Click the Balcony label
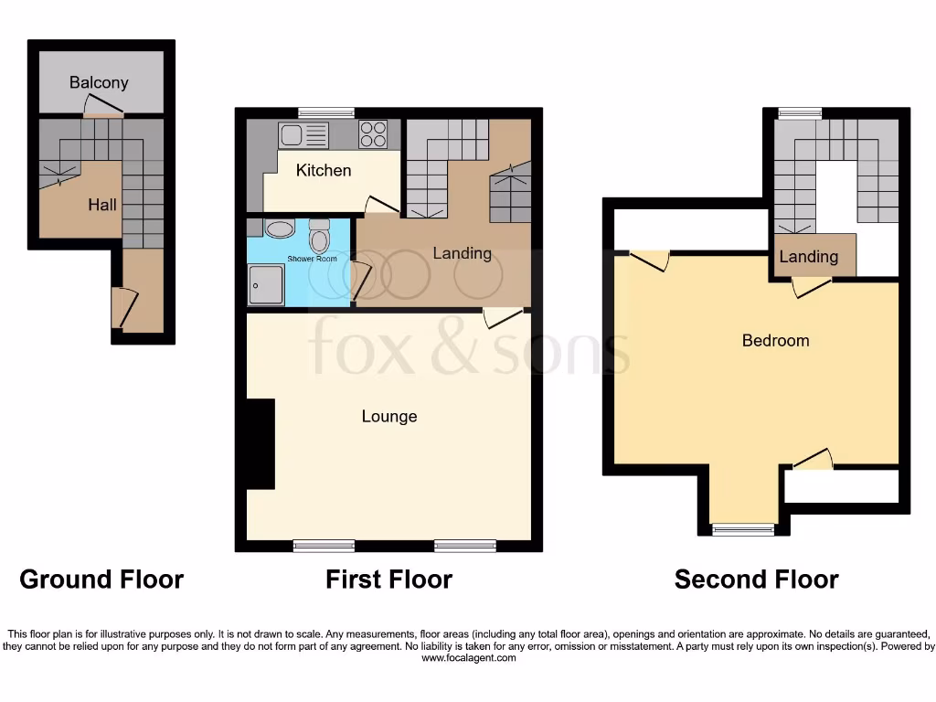pyautogui.click(x=99, y=82)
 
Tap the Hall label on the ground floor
pyautogui.click(x=101, y=205)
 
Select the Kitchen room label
pyautogui.click(x=324, y=170)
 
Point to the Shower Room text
pyautogui.click(x=312, y=259)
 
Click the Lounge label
pyautogui.click(x=389, y=416)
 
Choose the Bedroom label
pyautogui.click(x=775, y=340)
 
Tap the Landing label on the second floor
pyautogui.click(x=808, y=256)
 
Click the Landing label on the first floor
pyautogui.click(x=462, y=253)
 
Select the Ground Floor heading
pyautogui.click(x=101, y=579)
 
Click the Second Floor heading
pyautogui.click(x=756, y=579)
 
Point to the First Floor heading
pyautogui.click(x=388, y=579)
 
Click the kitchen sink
pyautogui.click(x=303, y=136)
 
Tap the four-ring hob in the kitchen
pyautogui.click(x=373, y=134)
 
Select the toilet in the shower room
pyautogui.click(x=319, y=237)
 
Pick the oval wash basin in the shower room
pyautogui.click(x=279, y=229)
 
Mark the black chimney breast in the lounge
pyautogui.click(x=261, y=443)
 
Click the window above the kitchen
pyautogui.click(x=326, y=112)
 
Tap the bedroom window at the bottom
pyautogui.click(x=743, y=528)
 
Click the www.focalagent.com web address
pyautogui.click(x=468, y=657)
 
